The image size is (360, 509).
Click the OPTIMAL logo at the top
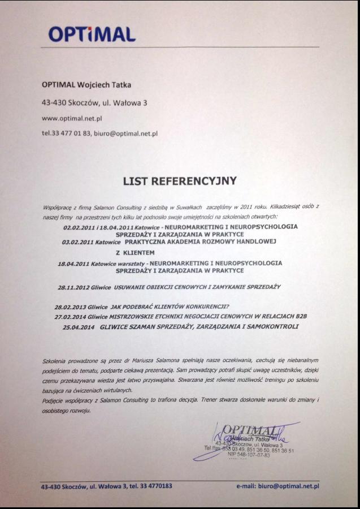[x=92, y=34]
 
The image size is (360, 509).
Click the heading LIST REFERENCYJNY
[x=180, y=181]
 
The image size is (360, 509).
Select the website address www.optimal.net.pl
[x=71, y=118]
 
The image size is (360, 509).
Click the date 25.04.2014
[x=79, y=327]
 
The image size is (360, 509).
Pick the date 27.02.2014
[x=70, y=317]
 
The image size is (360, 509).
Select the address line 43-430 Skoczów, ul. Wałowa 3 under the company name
[x=94, y=103]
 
